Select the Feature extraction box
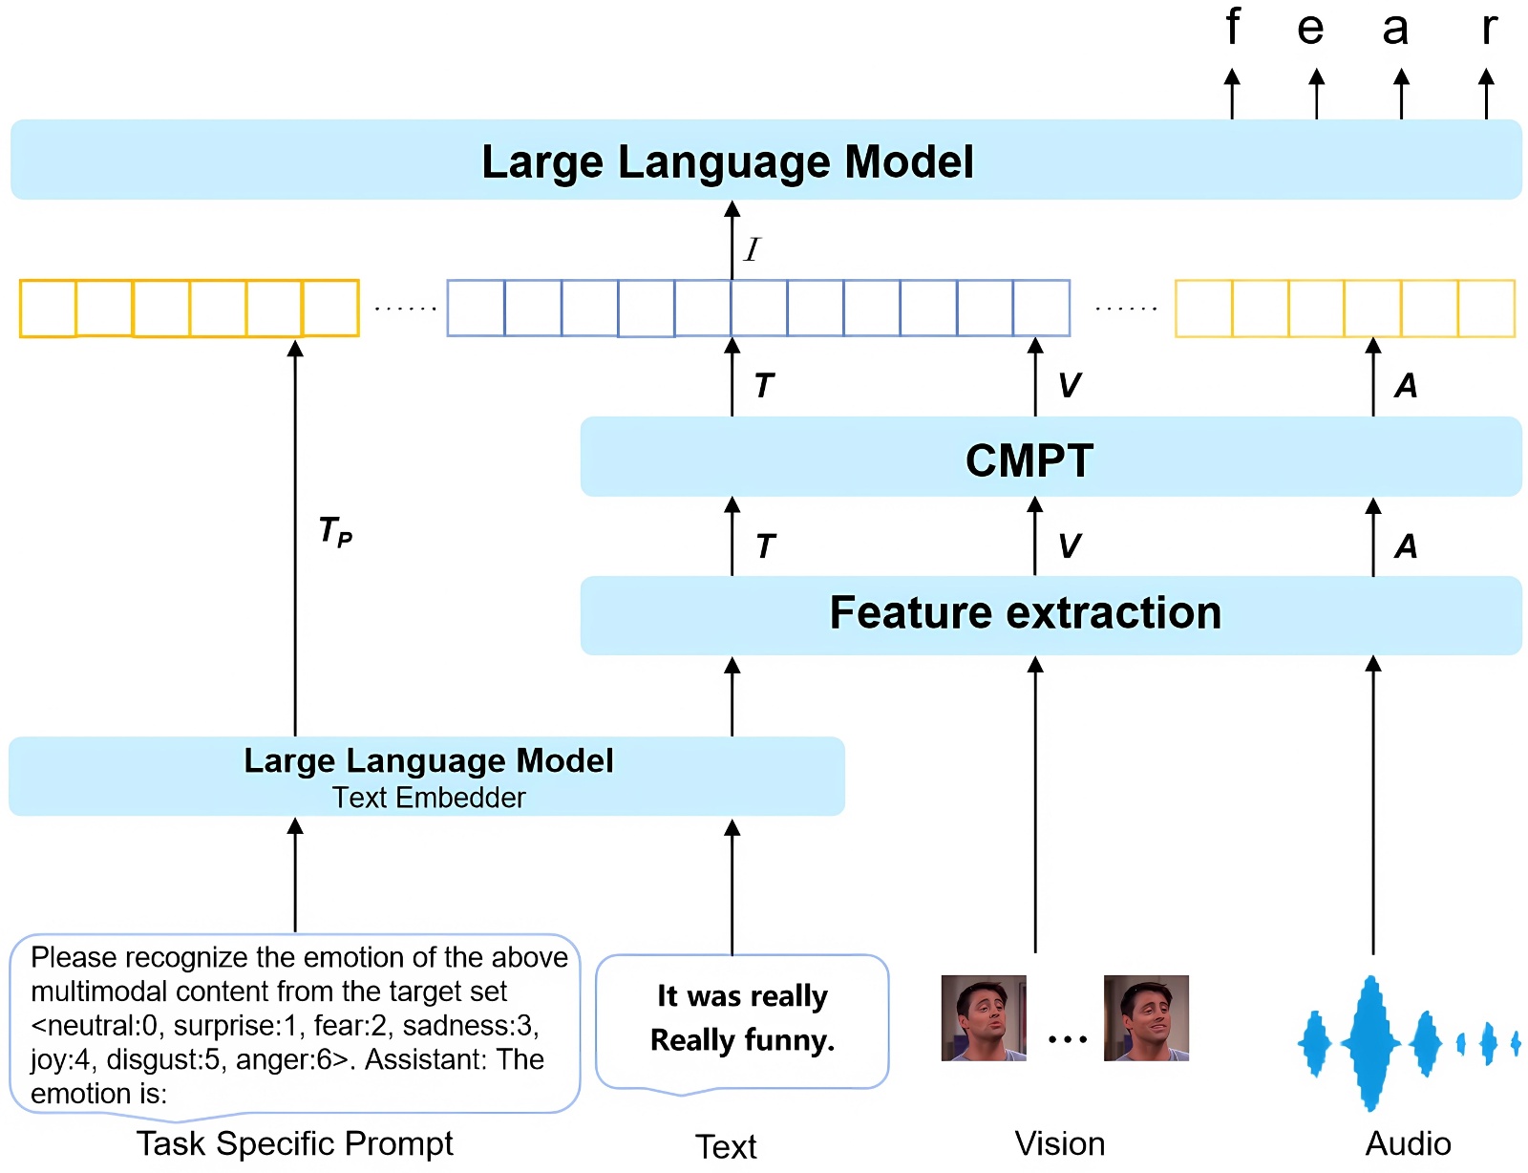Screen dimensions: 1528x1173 (1050, 615)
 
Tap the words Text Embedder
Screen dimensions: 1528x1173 (429, 798)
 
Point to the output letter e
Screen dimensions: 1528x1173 (1310, 30)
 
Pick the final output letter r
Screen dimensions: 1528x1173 (1489, 30)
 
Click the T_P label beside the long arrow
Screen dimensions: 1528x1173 (335, 531)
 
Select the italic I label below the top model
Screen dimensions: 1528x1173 (752, 249)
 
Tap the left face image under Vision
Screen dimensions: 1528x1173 (983, 1017)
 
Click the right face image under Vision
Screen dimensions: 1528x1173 (1145, 1017)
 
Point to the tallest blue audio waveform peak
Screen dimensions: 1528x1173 (1370, 1043)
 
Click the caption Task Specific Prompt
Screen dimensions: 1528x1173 (295, 1144)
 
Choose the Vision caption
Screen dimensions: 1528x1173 (1060, 1144)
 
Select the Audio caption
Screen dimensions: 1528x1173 (1408, 1144)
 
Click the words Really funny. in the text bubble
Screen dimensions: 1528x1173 (743, 1040)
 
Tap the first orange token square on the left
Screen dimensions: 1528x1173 (48, 309)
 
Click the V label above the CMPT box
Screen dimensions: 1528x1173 (1070, 385)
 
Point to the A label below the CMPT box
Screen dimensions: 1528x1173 (1406, 546)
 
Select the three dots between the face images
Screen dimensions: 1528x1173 (1068, 1038)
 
